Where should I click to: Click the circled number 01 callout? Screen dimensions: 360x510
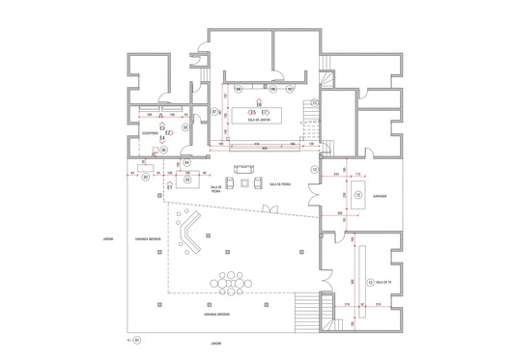click(136, 340)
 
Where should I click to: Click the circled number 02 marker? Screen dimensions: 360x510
click(146, 178)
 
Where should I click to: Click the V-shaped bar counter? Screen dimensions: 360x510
click(191, 236)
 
